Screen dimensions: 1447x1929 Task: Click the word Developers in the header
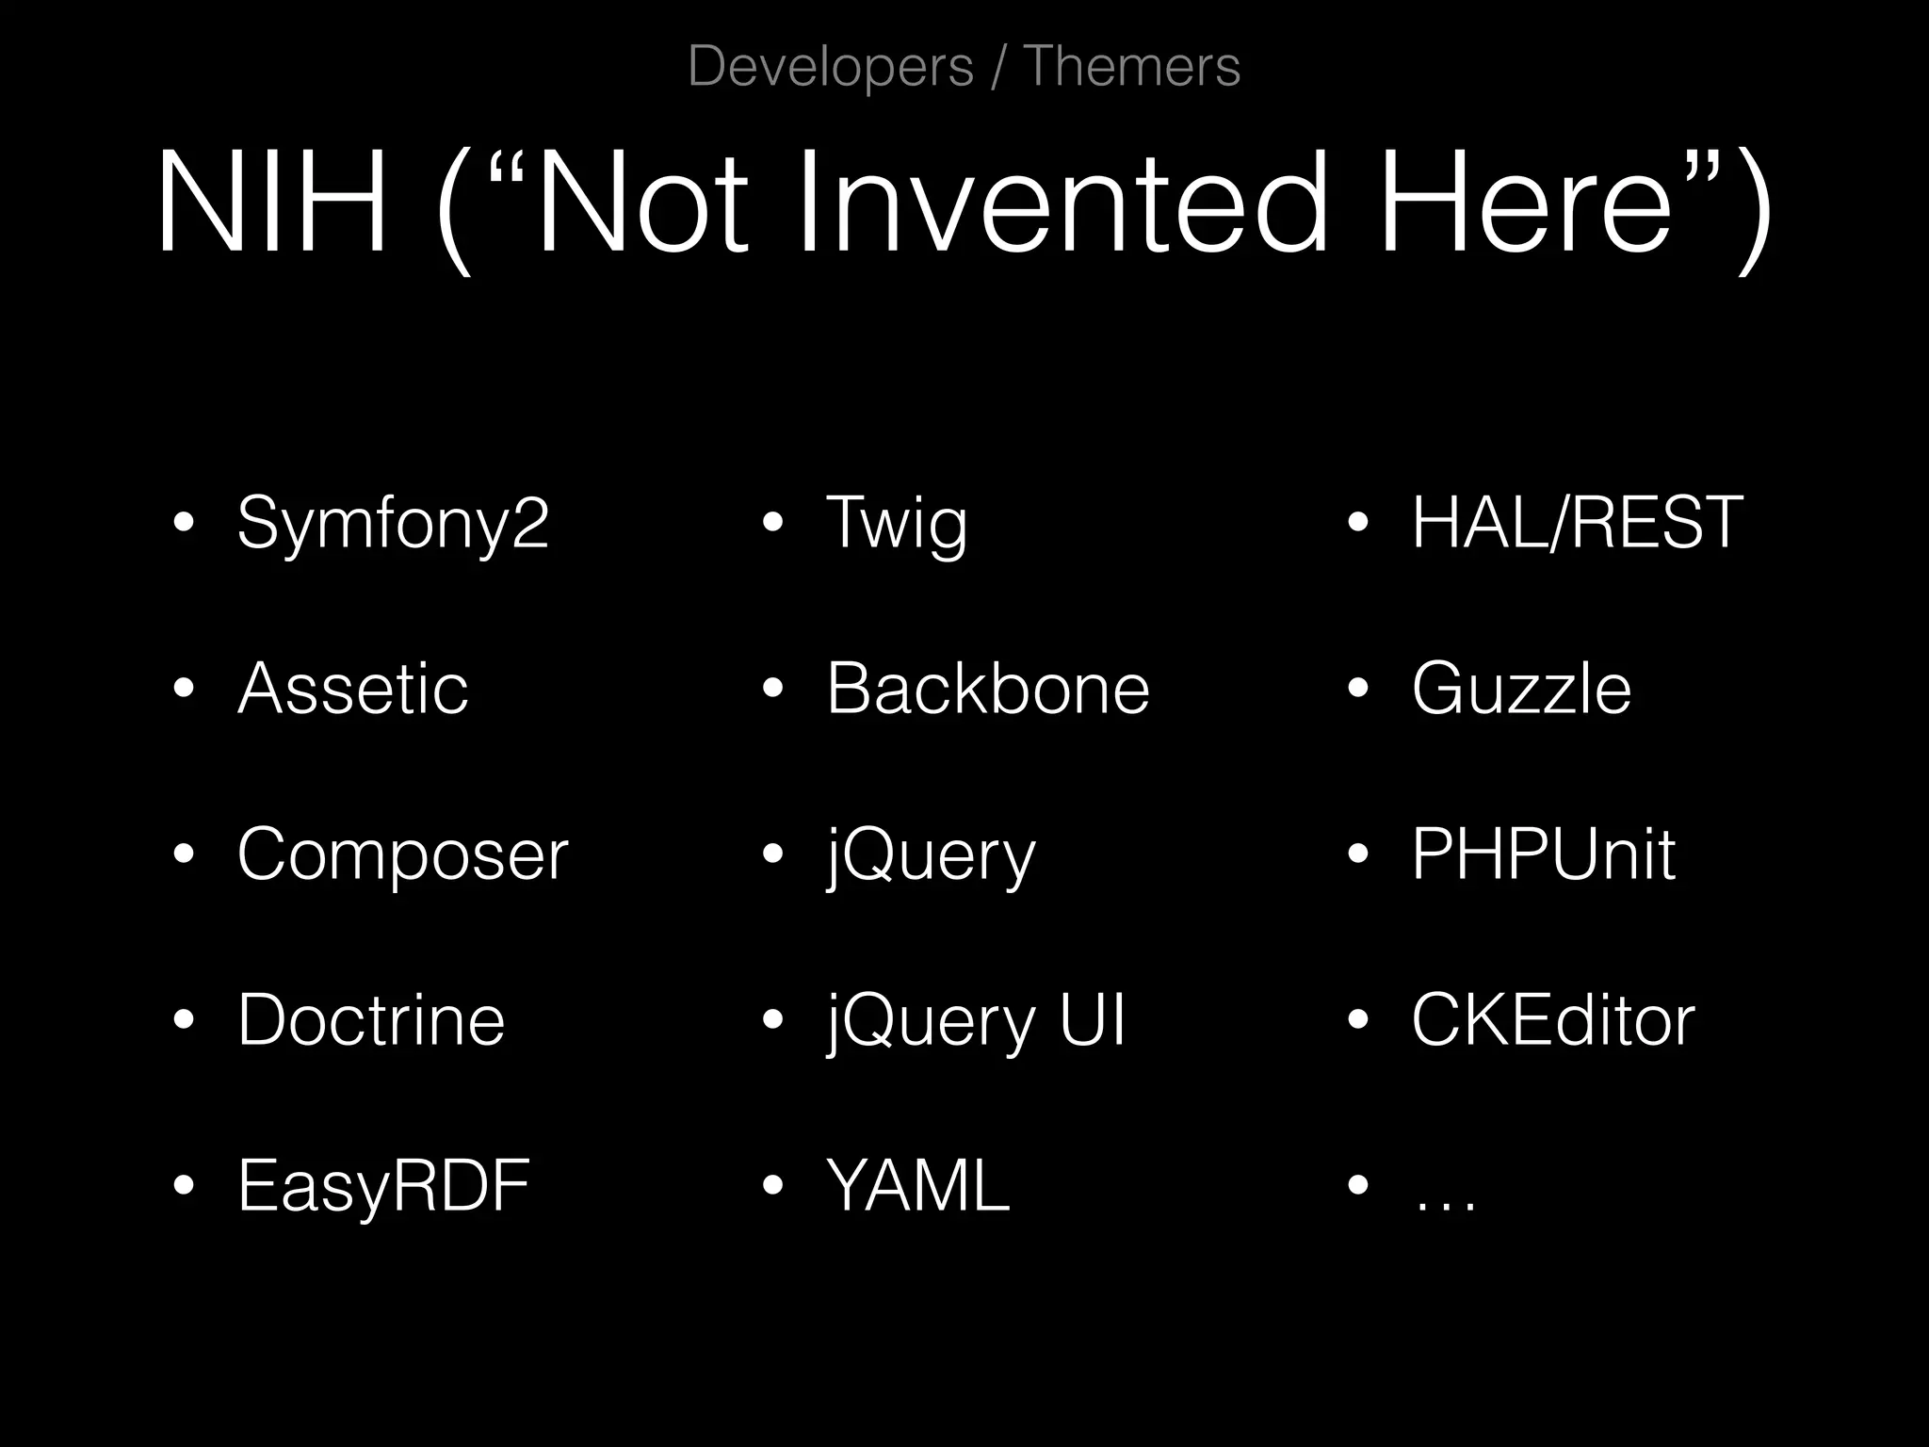tap(830, 67)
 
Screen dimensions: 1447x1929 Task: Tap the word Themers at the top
tap(1131, 67)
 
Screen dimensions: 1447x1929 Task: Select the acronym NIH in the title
tap(272, 202)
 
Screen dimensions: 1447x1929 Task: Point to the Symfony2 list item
tap(392, 523)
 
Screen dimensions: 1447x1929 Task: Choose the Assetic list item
tap(352, 689)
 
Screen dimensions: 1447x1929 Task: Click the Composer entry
tap(402, 854)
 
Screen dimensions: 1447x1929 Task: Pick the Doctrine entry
tap(371, 1020)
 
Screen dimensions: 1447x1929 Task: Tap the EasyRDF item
tap(383, 1186)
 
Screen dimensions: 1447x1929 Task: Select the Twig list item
tap(896, 523)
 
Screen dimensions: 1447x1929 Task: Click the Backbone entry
tap(988, 689)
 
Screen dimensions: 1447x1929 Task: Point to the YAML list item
tap(917, 1186)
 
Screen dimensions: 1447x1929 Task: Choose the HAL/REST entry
tap(1577, 523)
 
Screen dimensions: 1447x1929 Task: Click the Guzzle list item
tap(1520, 689)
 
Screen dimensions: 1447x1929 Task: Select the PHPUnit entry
tap(1543, 854)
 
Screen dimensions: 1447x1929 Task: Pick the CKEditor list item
tap(1552, 1020)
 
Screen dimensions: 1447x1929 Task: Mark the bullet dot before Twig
tap(772, 523)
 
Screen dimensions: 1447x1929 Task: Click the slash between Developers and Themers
tap(997, 67)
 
